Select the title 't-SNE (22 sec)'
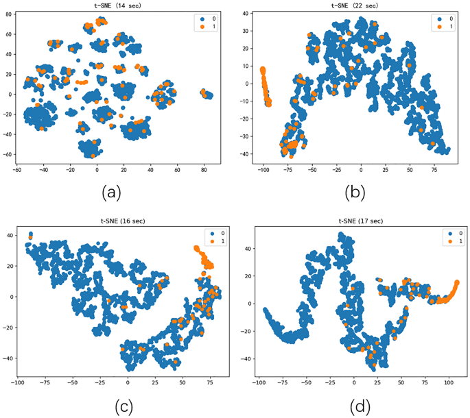click(x=351, y=5)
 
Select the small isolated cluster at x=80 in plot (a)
click(x=207, y=94)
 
